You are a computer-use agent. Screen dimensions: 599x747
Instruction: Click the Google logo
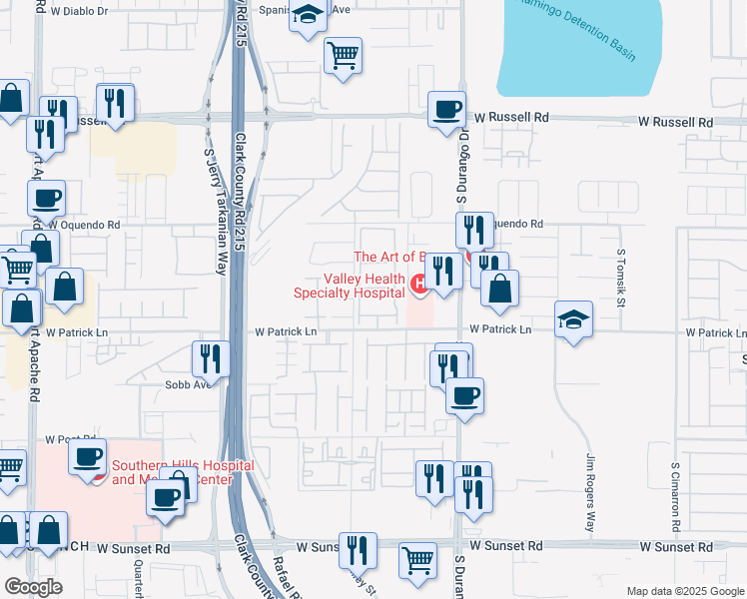coord(32,587)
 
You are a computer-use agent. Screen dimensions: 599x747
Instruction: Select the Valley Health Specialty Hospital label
coord(350,286)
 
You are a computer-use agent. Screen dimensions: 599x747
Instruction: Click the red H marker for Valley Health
coord(419,285)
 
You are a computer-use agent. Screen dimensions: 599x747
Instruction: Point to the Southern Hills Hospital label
coord(183,472)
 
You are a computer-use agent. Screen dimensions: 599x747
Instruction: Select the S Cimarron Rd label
coord(676,495)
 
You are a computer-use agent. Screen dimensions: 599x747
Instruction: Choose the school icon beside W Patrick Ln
coord(573,319)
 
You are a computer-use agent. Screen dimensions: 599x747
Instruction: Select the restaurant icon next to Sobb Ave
coord(211,357)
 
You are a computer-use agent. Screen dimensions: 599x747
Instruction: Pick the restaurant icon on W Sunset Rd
coord(357,550)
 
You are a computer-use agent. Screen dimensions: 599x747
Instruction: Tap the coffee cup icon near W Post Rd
coord(88,457)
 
